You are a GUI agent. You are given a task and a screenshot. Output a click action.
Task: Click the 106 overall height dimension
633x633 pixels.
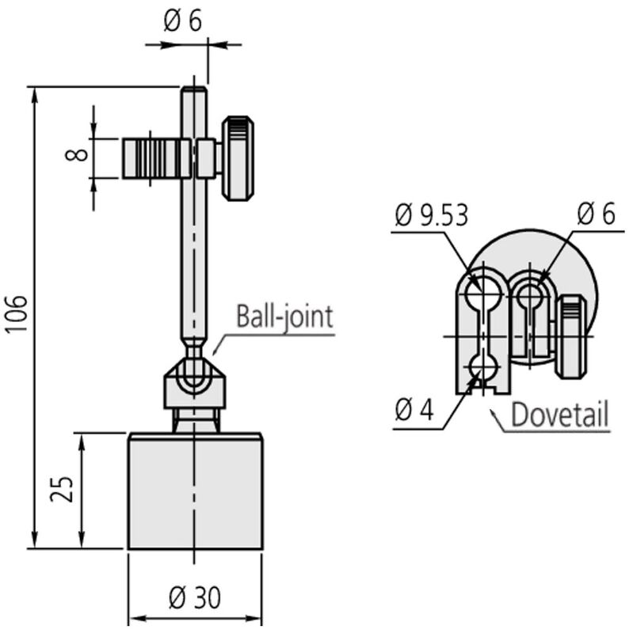tap(17, 313)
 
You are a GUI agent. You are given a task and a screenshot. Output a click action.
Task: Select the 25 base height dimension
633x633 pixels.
tap(62, 489)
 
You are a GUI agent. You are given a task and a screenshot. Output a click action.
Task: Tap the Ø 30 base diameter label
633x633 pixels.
tap(195, 598)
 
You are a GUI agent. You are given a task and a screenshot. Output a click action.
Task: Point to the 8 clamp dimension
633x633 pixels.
tap(76, 154)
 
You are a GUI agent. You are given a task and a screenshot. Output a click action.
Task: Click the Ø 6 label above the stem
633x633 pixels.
tap(183, 21)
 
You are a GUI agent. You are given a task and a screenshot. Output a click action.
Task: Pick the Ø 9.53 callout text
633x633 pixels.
tap(432, 215)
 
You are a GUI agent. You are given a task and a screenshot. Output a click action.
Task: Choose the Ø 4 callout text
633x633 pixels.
tap(414, 411)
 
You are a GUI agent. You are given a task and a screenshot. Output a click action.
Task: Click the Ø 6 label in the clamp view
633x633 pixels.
tap(596, 214)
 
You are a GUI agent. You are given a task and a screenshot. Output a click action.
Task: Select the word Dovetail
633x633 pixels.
tap(560, 414)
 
